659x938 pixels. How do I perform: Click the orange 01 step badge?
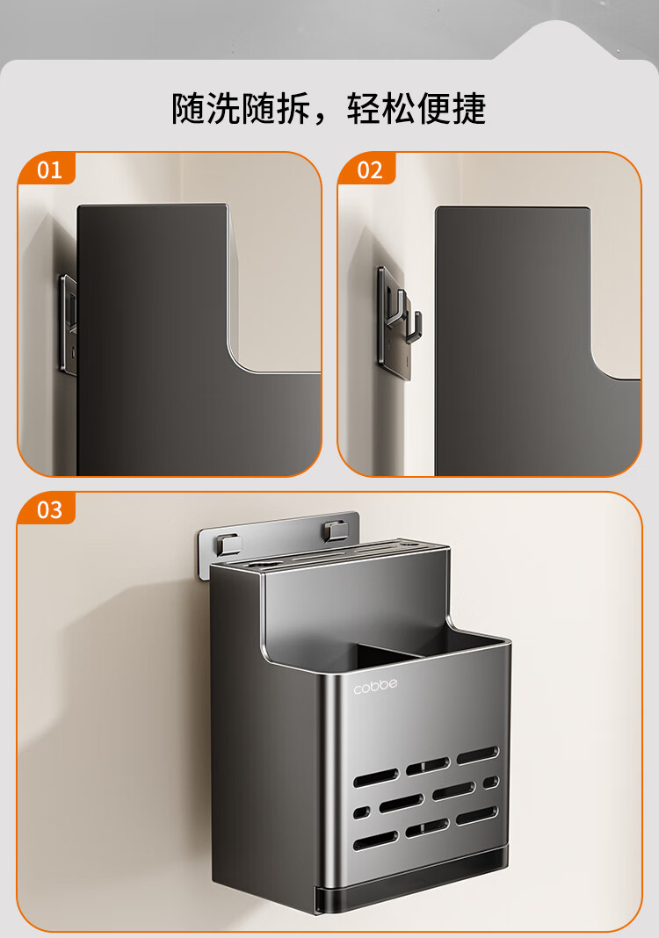pyautogui.click(x=47, y=169)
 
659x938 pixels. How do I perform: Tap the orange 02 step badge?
pyautogui.click(x=367, y=169)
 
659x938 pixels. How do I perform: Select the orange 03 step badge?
pyautogui.click(x=47, y=509)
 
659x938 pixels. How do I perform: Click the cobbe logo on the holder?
pyautogui.click(x=375, y=686)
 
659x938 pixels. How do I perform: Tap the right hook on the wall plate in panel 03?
pyautogui.click(x=334, y=530)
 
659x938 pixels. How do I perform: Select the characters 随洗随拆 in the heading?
pyautogui.click(x=241, y=108)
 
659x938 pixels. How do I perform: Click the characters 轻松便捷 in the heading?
pyautogui.click(x=416, y=108)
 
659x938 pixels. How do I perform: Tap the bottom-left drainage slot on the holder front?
pyautogui.click(x=375, y=840)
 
